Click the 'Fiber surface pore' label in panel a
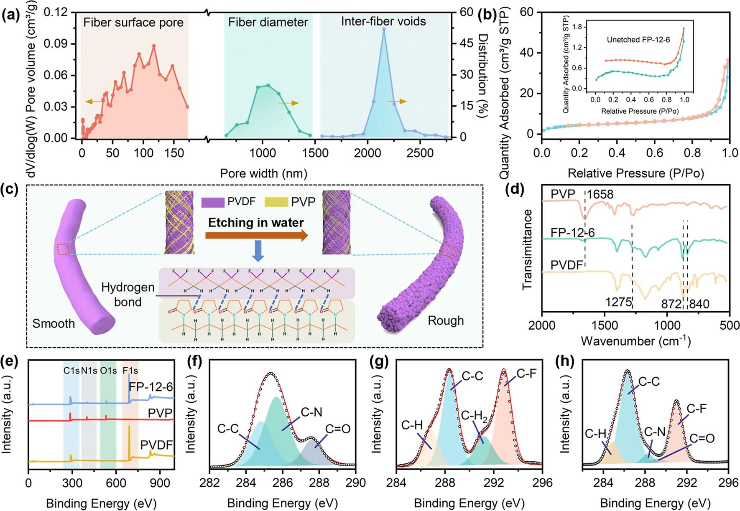(133, 23)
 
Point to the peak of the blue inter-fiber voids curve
(384, 29)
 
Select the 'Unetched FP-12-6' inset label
(638, 40)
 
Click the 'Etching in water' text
(256, 223)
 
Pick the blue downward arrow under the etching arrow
(258, 251)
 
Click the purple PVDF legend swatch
(213, 202)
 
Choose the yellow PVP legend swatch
(276, 202)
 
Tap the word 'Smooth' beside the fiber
(54, 323)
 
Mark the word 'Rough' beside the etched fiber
(446, 321)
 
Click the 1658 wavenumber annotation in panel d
(600, 195)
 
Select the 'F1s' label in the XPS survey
(130, 371)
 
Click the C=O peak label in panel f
(338, 429)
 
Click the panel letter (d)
(514, 190)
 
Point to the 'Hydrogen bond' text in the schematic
(128, 295)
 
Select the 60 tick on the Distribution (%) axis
(467, 12)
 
